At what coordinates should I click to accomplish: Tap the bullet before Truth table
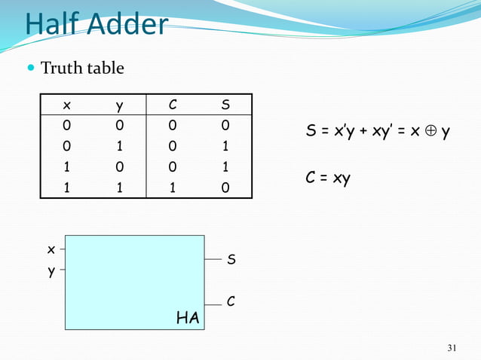(30, 69)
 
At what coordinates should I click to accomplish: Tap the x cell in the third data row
(66, 166)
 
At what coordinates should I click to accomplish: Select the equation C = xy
(328, 180)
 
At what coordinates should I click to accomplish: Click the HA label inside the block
(188, 319)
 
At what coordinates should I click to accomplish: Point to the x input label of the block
(51, 249)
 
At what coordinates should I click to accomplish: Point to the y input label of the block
(51, 272)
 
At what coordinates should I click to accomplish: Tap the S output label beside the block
(232, 260)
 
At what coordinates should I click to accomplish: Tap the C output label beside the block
(231, 301)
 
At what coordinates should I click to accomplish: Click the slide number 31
(452, 347)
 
